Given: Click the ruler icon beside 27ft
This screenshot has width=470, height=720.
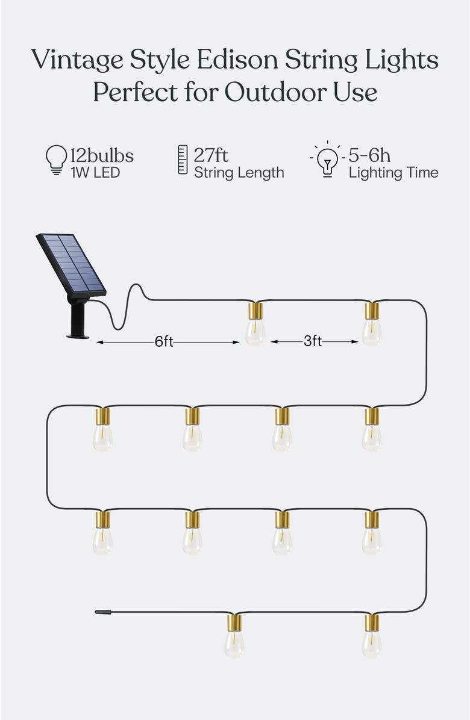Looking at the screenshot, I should point(183,160).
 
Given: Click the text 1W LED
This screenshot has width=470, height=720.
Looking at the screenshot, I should point(95,173).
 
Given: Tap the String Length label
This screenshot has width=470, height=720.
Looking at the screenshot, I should point(239,173).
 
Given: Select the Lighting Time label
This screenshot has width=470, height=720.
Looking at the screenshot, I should point(393,173).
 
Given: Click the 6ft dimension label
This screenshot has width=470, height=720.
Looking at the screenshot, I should point(164,342).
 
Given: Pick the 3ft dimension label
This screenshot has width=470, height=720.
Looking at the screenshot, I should point(312,342).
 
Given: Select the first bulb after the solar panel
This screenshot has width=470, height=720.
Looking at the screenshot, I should point(255,326).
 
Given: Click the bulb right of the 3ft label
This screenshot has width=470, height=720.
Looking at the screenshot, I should point(372,326).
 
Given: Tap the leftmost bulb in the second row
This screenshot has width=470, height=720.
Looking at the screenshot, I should point(102,431).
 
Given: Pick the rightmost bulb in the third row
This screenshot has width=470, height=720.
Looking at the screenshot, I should point(372,535).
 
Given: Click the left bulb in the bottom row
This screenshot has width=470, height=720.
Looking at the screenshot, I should point(234,638).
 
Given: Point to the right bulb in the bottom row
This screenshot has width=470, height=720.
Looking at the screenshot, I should point(372,638).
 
